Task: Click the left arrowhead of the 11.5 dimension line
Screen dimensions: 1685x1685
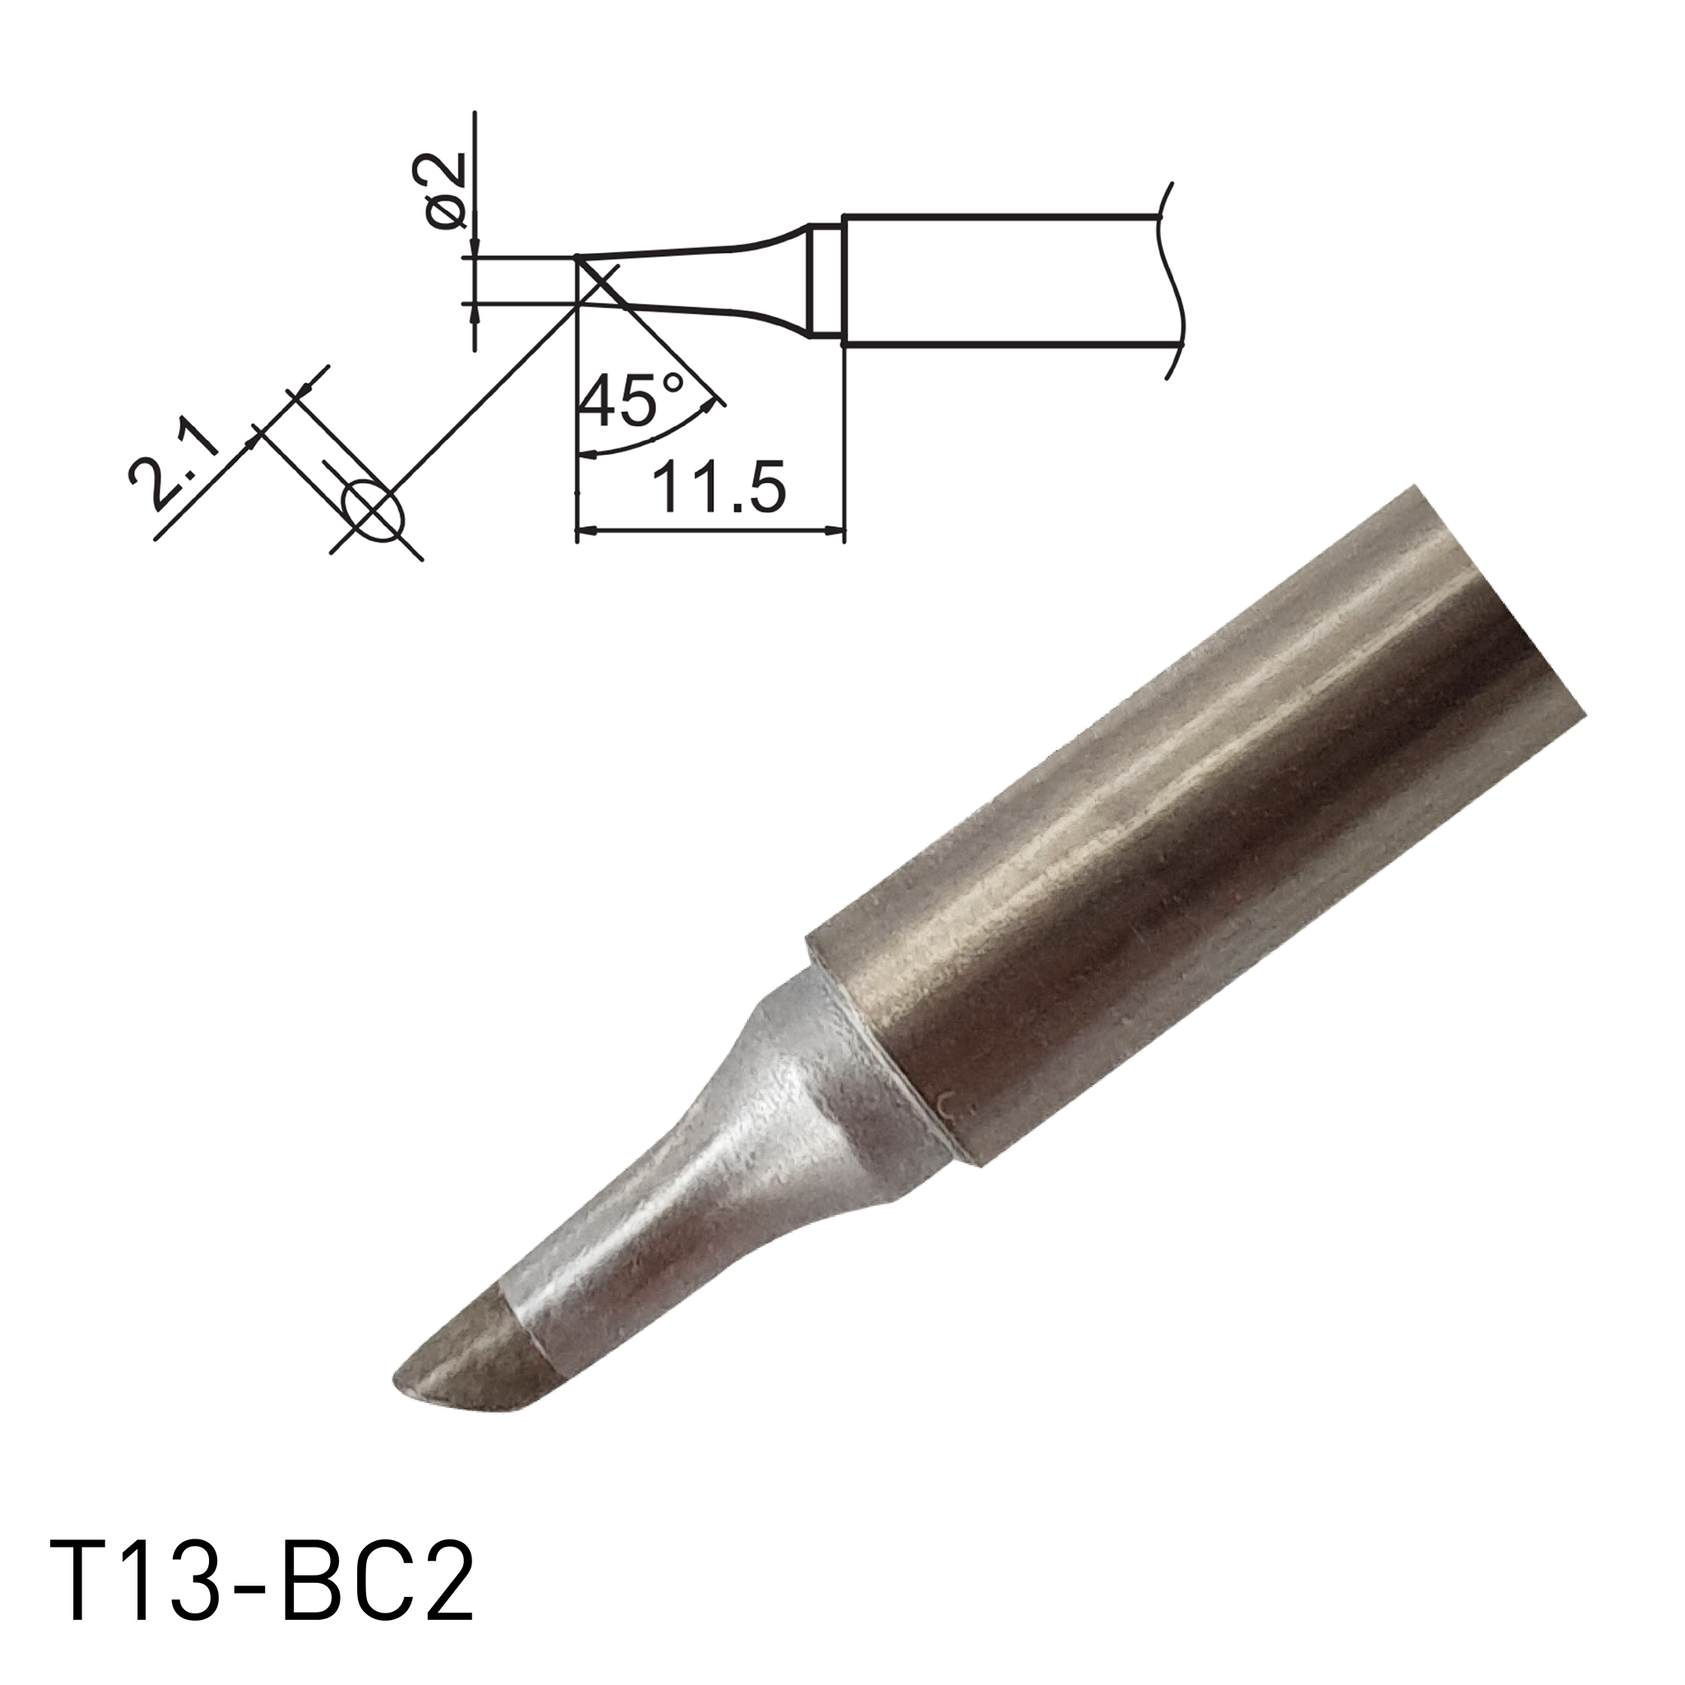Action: [586, 528]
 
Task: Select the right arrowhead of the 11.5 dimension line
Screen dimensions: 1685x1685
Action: [836, 528]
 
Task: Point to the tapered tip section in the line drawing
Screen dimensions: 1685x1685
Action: [689, 279]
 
